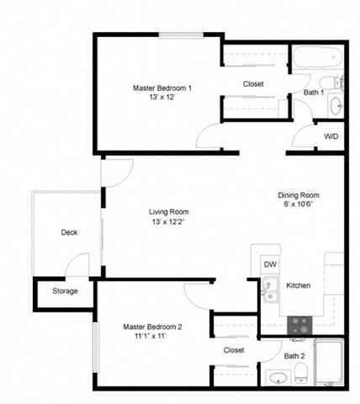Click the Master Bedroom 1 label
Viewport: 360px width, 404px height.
[162, 88]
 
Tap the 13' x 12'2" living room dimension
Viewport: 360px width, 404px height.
[168, 221]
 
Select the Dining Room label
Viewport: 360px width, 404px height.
[299, 195]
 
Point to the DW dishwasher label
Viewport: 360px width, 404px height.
[270, 264]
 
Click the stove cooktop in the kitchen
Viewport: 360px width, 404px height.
[299, 325]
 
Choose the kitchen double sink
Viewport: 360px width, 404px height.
[270, 290]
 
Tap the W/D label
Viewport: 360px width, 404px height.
[331, 136]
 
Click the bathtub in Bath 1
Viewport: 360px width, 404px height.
[317, 57]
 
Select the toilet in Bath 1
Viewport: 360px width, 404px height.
[331, 83]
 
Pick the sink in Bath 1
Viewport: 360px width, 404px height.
[336, 106]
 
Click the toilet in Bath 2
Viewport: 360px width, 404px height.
[301, 373]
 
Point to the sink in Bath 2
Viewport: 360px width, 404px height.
[278, 378]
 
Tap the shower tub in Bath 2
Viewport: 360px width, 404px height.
[329, 362]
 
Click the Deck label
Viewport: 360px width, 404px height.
[69, 232]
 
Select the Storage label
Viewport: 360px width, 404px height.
[65, 291]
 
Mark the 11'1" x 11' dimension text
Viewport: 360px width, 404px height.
[151, 336]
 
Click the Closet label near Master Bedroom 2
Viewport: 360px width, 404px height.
[234, 350]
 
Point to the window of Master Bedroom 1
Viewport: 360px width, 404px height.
[181, 35]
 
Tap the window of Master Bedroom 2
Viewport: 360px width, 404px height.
[96, 347]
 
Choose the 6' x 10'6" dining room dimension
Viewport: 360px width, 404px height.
[298, 205]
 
